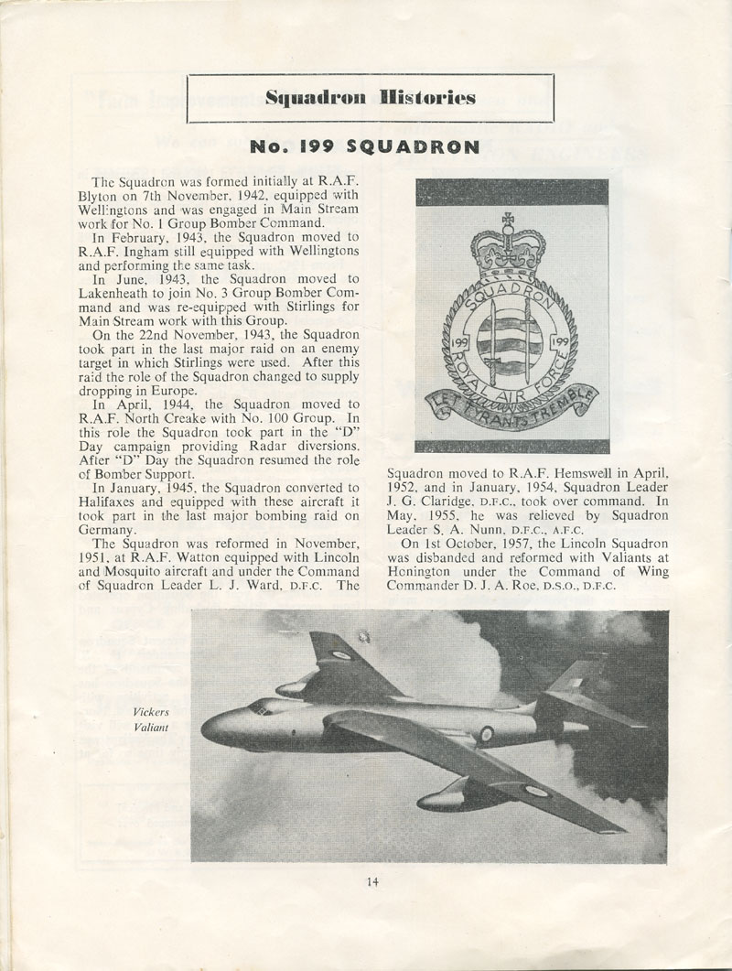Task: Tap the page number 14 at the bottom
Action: [x=371, y=881]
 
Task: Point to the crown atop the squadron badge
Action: [x=507, y=240]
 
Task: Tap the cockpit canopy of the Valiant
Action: [x=260, y=706]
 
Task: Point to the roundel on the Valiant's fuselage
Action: [x=486, y=733]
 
